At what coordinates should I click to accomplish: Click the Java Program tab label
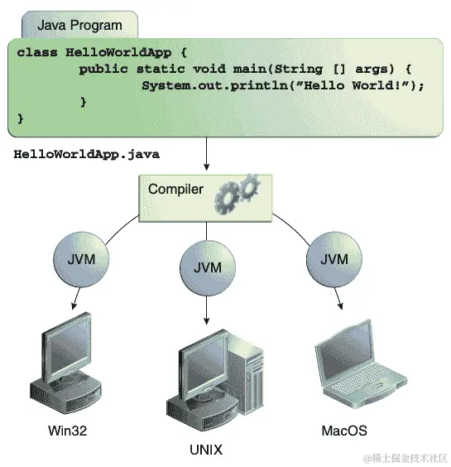click(x=79, y=26)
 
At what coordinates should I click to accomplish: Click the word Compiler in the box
click(x=175, y=190)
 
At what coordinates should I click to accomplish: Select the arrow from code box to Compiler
click(x=205, y=153)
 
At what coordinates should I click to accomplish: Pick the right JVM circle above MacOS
click(x=333, y=259)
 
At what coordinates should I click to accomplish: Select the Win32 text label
click(x=67, y=431)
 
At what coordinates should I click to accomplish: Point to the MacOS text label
click(x=343, y=431)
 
